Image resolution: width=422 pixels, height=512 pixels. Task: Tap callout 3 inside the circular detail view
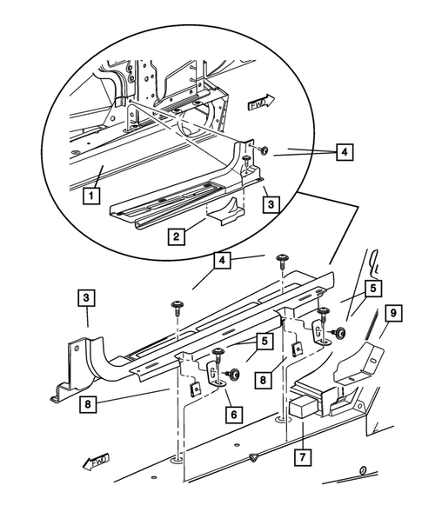[x=271, y=204]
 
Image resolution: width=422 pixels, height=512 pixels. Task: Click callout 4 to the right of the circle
[x=345, y=151]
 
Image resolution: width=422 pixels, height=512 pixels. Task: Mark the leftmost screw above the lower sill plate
[x=178, y=304]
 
